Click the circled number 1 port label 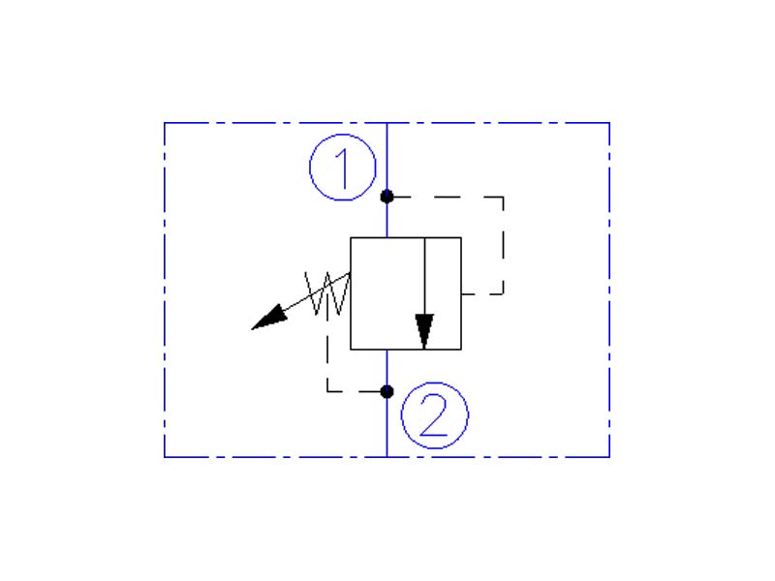pos(343,169)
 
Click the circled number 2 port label pos(435,416)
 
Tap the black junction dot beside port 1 pos(387,197)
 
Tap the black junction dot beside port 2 pos(387,391)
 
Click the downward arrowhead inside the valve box pos(424,329)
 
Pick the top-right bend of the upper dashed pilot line pos(503,198)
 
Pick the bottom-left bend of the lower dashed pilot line pos(328,391)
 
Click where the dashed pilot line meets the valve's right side pos(461,292)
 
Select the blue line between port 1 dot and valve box pos(387,217)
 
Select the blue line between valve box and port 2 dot pos(387,370)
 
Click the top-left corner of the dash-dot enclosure pos(165,123)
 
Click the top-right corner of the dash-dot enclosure pos(609,123)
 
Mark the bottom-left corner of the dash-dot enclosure pos(165,456)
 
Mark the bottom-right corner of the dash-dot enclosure pos(609,456)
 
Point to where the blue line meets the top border pos(387,123)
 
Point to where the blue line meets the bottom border pos(387,456)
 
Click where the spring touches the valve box pos(351,275)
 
